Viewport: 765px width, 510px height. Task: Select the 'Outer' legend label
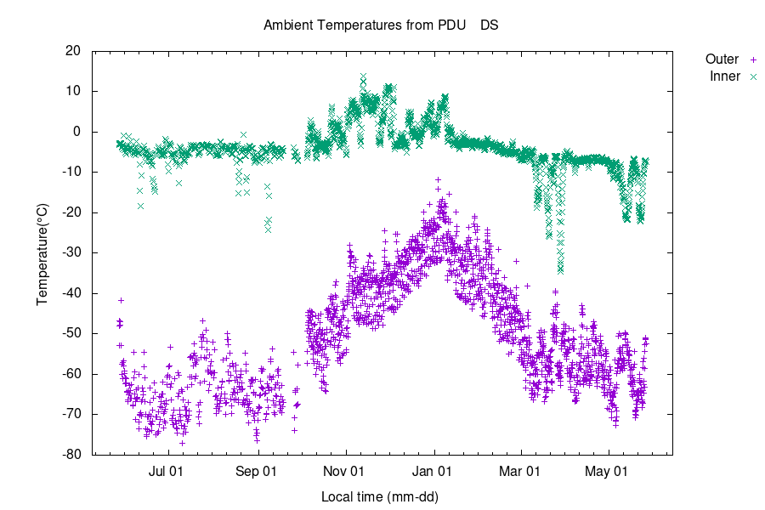[x=722, y=59]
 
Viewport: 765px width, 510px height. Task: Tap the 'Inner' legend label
[x=724, y=76]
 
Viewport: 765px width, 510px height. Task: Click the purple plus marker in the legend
[x=752, y=59]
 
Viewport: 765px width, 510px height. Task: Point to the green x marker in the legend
[x=752, y=76]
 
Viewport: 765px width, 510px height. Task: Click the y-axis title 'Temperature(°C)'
[x=42, y=252]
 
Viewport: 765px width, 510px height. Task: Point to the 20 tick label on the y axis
[x=73, y=51]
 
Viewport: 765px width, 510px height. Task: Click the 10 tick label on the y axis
[x=73, y=91]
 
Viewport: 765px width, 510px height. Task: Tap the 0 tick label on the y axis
[x=76, y=132]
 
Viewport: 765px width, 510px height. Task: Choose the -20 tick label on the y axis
[x=71, y=212]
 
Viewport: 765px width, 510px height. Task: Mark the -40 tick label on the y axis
[x=71, y=293]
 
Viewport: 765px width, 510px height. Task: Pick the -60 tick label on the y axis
[x=71, y=374]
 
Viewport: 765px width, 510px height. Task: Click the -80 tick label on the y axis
[x=71, y=455]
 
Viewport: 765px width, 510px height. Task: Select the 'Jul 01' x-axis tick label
[x=167, y=470]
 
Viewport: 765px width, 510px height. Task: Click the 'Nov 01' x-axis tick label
[x=345, y=470]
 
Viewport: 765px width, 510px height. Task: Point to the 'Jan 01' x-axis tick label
[x=433, y=470]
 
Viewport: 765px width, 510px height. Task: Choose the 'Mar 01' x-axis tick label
[x=519, y=470]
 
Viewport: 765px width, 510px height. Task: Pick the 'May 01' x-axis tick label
[x=609, y=470]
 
